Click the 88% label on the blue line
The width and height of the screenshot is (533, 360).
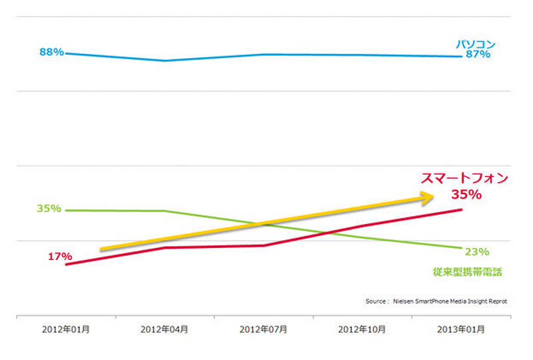[x=51, y=52]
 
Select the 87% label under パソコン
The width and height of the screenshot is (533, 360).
[x=478, y=55]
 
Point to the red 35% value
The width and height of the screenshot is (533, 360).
[x=466, y=195]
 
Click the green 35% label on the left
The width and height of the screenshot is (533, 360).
[x=49, y=209]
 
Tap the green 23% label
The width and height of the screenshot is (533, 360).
[x=477, y=251]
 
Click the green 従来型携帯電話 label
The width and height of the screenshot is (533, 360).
[x=466, y=272]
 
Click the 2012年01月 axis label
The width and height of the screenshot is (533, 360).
[x=66, y=329]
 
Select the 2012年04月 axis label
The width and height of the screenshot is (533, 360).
[x=165, y=329]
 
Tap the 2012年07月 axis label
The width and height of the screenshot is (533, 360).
[x=263, y=329]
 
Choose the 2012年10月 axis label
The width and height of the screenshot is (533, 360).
[x=362, y=329]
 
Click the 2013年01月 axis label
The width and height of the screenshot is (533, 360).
[x=461, y=329]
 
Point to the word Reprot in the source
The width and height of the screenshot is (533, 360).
[x=496, y=301]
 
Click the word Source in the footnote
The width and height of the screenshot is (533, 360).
[x=376, y=301]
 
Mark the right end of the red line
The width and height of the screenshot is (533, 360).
[x=461, y=209]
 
